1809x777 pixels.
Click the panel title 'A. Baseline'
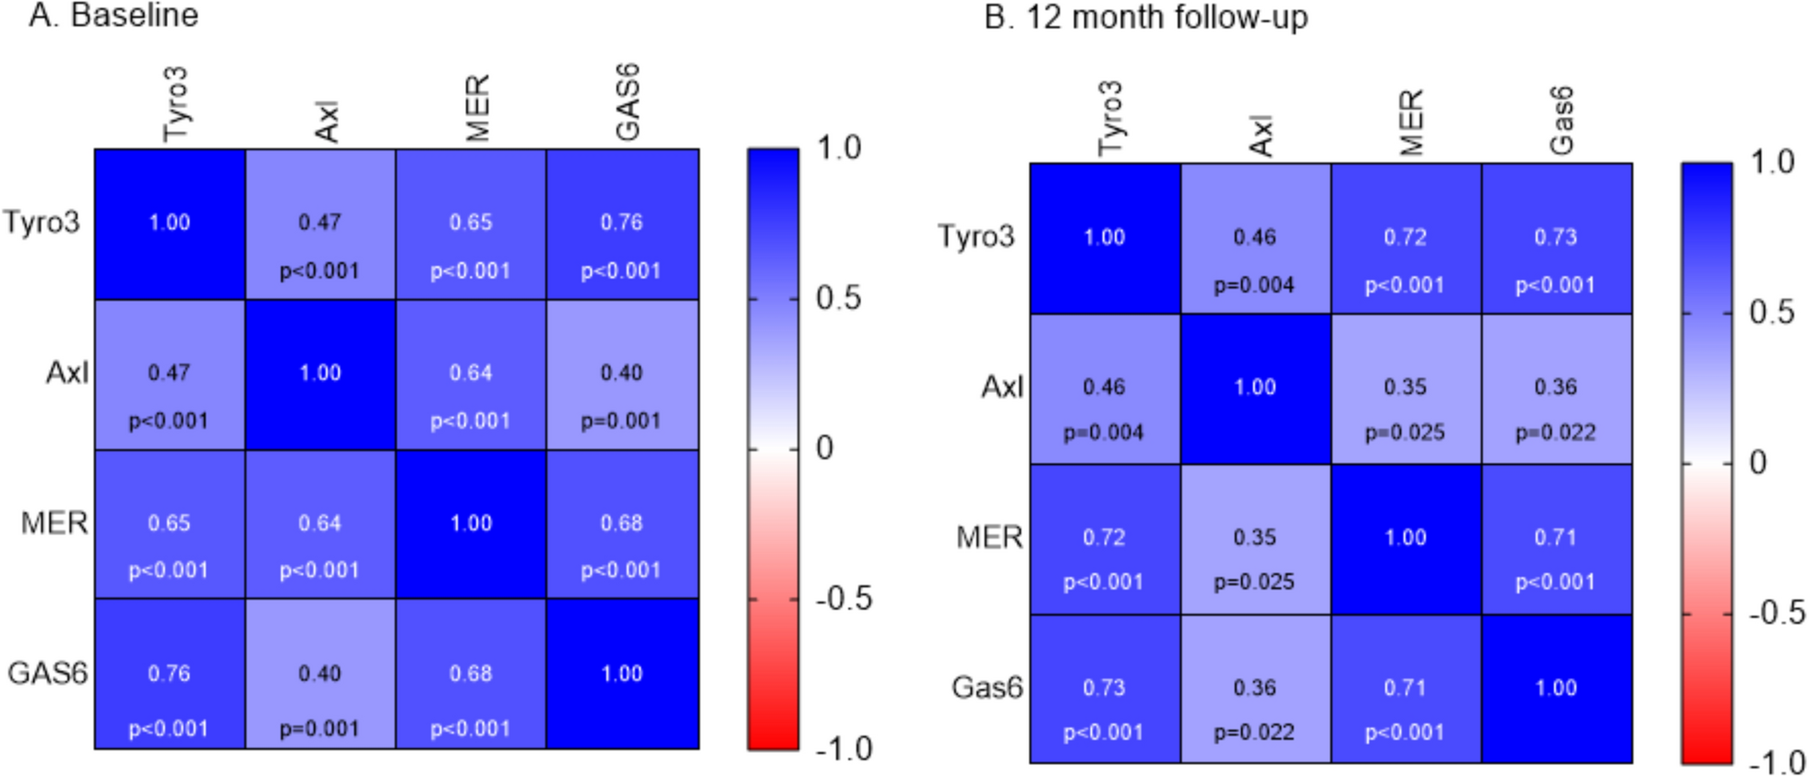(114, 16)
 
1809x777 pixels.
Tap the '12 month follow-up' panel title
(1145, 18)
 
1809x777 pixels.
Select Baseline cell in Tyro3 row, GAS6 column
(622, 224)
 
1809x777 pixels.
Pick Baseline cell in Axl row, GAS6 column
(622, 375)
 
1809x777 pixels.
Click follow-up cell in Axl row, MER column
(1406, 388)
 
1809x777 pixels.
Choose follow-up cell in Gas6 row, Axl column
(1255, 689)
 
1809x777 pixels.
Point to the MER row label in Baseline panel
(54, 523)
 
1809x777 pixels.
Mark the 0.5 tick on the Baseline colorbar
(838, 298)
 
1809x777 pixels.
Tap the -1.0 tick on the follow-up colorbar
(1777, 762)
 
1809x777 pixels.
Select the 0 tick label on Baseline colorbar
(824, 448)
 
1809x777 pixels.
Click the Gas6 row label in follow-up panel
(987, 687)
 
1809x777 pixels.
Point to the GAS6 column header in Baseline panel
(627, 102)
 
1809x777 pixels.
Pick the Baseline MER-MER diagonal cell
(471, 524)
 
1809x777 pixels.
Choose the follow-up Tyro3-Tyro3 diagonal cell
(1105, 238)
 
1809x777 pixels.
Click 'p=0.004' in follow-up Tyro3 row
(1254, 285)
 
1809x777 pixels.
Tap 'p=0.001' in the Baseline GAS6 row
(319, 729)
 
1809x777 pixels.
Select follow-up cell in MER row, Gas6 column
(1556, 539)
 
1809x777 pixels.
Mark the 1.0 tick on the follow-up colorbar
(1773, 162)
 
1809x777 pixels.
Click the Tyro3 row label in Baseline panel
(42, 222)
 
